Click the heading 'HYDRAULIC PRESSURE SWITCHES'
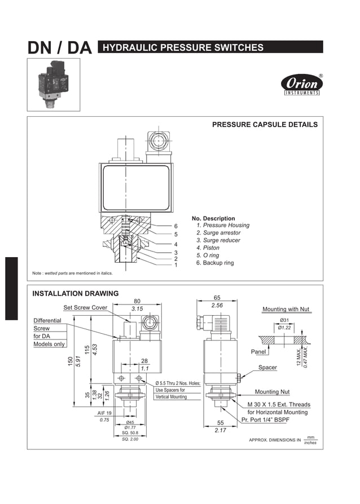pyautogui.click(x=183, y=47)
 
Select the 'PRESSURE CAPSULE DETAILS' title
pyautogui.click(x=264, y=125)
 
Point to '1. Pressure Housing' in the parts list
pyautogui.click(x=222, y=226)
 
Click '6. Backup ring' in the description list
pyautogui.click(x=214, y=263)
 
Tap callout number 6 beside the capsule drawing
pyautogui.click(x=175, y=226)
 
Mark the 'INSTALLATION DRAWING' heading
pyautogui.click(x=76, y=293)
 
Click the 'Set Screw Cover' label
pyautogui.click(x=85, y=308)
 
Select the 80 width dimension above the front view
pyautogui.click(x=137, y=301)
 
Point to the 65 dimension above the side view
pyautogui.click(x=217, y=297)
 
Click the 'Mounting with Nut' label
pyautogui.click(x=287, y=310)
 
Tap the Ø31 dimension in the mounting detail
pyautogui.click(x=284, y=320)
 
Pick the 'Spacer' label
pyautogui.click(x=267, y=368)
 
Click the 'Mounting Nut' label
pyautogui.click(x=272, y=392)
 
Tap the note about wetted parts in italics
pyautogui.click(x=73, y=273)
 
